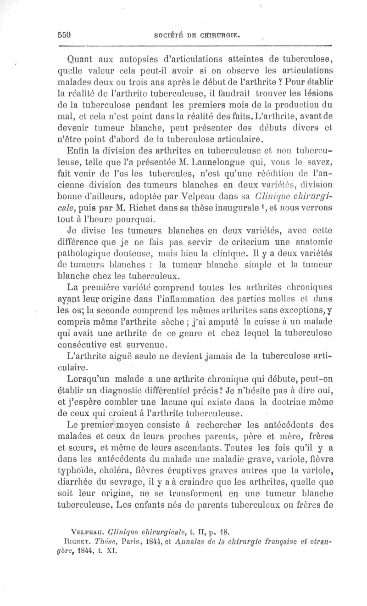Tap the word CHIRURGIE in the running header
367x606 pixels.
(x=217, y=35)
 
